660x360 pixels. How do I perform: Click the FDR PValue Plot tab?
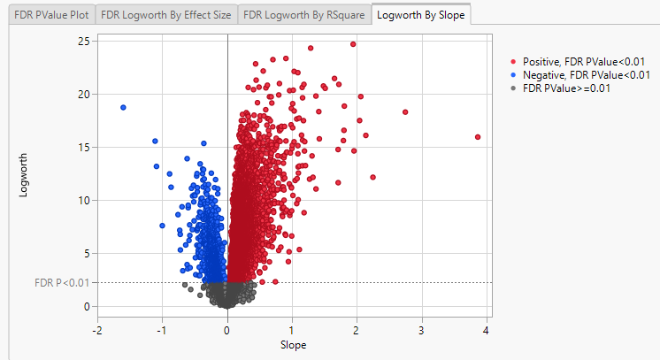(x=48, y=14)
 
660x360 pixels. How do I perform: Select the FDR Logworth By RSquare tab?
(x=303, y=14)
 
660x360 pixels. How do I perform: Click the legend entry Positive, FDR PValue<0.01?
(x=583, y=62)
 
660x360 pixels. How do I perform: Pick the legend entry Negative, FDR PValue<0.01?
(x=586, y=75)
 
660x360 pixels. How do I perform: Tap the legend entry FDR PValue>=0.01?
(x=566, y=88)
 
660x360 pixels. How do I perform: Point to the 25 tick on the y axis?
(x=84, y=41)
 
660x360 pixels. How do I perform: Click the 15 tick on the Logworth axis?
(x=84, y=147)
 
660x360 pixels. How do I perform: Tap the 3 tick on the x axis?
(x=421, y=330)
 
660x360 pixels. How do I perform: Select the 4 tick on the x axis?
(x=486, y=330)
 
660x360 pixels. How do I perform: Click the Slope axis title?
(x=293, y=344)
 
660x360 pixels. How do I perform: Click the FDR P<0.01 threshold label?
(x=61, y=283)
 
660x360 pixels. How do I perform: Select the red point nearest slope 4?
(x=478, y=137)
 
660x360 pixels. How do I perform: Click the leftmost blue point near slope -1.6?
(x=123, y=107)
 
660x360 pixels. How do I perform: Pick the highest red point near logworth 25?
(x=353, y=43)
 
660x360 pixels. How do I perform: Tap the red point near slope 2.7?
(x=405, y=112)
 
